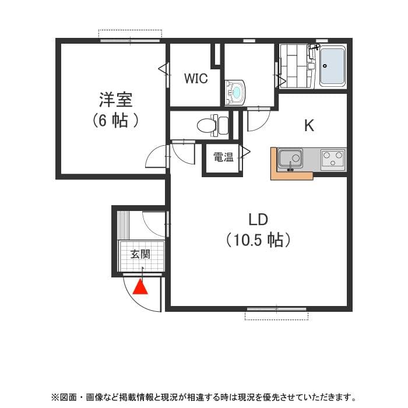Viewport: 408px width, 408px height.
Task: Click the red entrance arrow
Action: (x=141, y=287)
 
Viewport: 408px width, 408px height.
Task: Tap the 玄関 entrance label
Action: (x=140, y=254)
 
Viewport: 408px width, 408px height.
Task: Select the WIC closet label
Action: (x=196, y=79)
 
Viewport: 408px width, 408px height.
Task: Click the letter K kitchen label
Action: (x=309, y=125)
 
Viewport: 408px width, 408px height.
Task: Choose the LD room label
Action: (x=258, y=220)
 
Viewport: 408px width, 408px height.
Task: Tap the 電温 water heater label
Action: (x=223, y=157)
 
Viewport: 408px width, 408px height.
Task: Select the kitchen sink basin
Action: (x=290, y=158)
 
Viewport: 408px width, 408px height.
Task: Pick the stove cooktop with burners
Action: (x=332, y=159)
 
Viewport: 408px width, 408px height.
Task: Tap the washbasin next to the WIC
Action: (x=235, y=92)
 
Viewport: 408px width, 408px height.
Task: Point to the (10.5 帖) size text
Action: (x=258, y=240)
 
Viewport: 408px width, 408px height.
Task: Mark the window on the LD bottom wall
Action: (x=276, y=309)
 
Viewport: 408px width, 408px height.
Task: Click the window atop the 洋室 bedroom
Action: (x=129, y=40)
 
